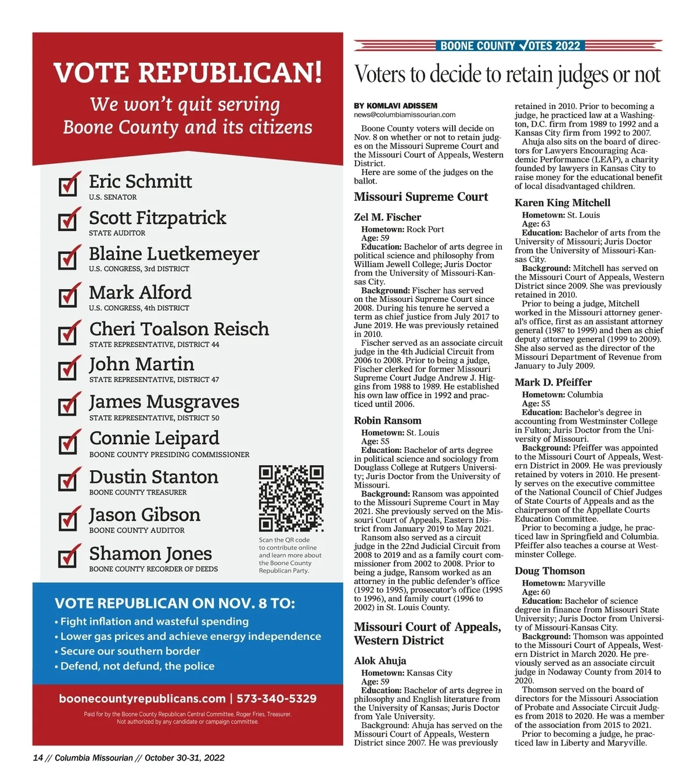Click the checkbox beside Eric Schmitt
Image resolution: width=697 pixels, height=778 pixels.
(68, 185)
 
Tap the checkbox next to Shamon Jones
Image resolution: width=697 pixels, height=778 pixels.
(68, 557)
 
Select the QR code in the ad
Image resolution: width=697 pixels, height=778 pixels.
(291, 498)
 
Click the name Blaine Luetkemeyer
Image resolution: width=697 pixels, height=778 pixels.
(174, 254)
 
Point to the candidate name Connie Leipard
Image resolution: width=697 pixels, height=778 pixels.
(154, 438)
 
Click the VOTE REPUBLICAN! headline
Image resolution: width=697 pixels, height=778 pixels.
(187, 73)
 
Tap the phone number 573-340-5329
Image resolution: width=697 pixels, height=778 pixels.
(276, 698)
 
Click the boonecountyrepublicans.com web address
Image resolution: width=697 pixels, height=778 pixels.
(142, 698)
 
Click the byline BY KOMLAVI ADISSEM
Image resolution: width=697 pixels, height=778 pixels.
(396, 106)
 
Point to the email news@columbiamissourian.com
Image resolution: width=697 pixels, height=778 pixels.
(405, 115)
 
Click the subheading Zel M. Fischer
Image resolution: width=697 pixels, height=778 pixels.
(387, 217)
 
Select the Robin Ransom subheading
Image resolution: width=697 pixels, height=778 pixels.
(387, 420)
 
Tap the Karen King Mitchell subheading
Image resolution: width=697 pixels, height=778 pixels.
(562, 203)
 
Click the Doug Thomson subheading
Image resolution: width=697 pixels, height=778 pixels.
(549, 571)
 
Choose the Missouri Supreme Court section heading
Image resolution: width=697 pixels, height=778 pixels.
(421, 197)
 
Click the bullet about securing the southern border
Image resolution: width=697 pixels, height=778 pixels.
(130, 651)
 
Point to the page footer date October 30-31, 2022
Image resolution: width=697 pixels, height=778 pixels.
(184, 758)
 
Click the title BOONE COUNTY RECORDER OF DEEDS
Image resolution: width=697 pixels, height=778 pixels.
(153, 569)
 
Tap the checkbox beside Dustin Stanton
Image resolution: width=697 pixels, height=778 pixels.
(68, 480)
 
